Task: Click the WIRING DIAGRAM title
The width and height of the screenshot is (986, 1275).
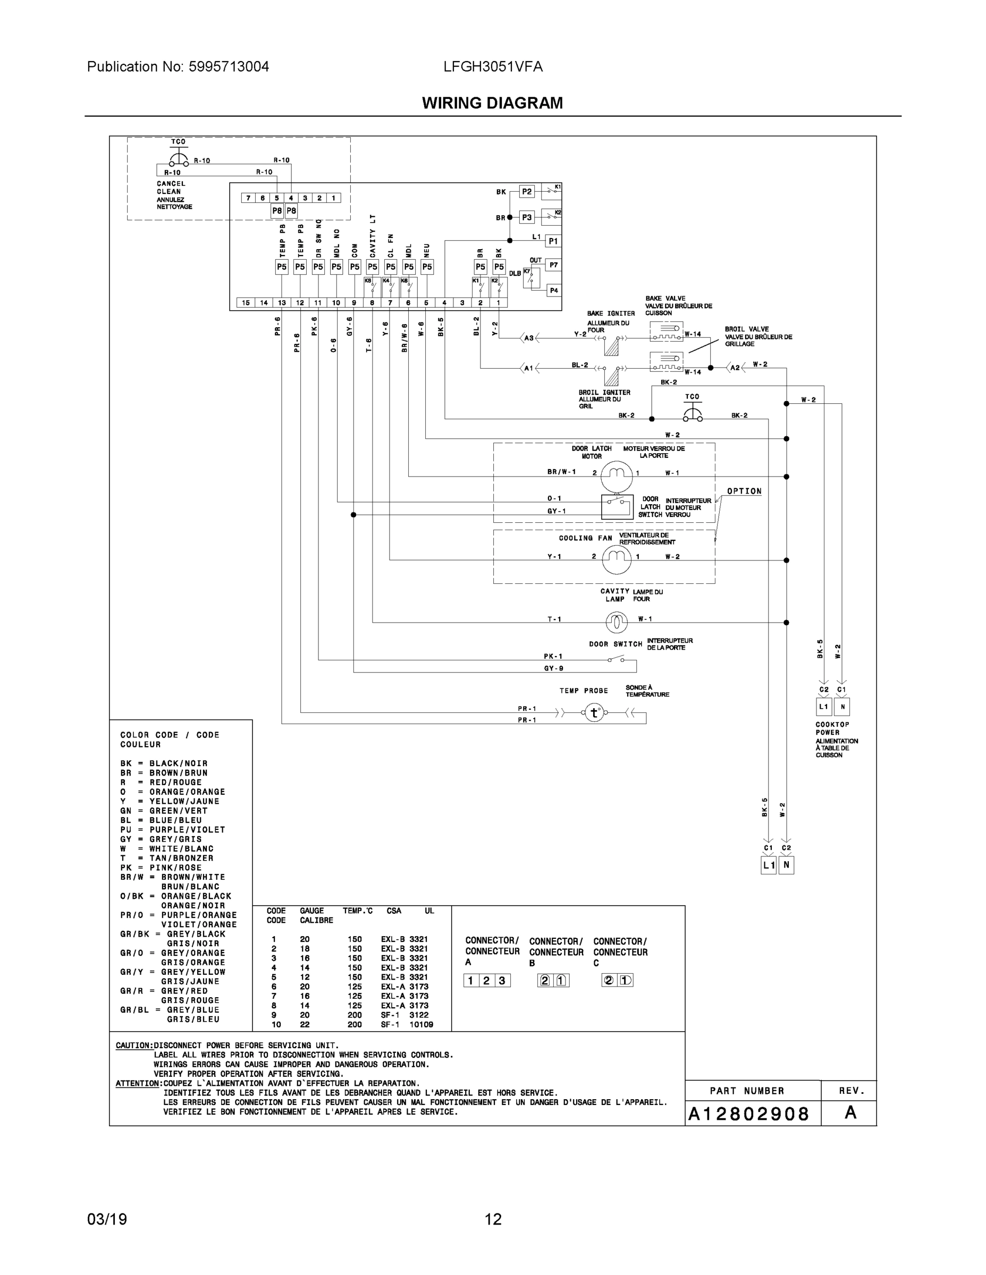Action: (x=492, y=104)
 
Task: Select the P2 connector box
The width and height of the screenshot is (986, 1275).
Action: (x=527, y=191)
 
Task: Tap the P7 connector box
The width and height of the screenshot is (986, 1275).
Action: (x=553, y=265)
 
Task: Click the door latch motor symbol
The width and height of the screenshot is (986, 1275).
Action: (x=616, y=473)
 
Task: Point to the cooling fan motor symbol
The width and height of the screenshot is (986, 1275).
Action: (x=616, y=557)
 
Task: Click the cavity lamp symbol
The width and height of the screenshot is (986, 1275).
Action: (x=616, y=622)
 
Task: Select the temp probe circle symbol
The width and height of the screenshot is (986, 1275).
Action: (x=594, y=713)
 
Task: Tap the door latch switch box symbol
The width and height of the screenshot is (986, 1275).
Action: (x=617, y=506)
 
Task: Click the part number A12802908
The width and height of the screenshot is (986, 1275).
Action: (x=748, y=1115)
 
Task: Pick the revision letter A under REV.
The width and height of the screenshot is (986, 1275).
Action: (x=850, y=1113)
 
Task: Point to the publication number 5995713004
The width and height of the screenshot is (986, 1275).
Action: (x=229, y=67)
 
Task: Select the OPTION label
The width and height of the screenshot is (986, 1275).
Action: (x=744, y=491)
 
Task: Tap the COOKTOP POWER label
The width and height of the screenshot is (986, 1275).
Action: (x=828, y=728)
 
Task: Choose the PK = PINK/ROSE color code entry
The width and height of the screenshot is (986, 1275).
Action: (x=161, y=868)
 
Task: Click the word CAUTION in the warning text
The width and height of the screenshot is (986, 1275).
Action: (x=134, y=1045)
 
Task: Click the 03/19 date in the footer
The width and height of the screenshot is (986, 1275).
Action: (x=107, y=1220)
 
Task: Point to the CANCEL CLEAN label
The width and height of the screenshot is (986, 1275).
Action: (x=171, y=188)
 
